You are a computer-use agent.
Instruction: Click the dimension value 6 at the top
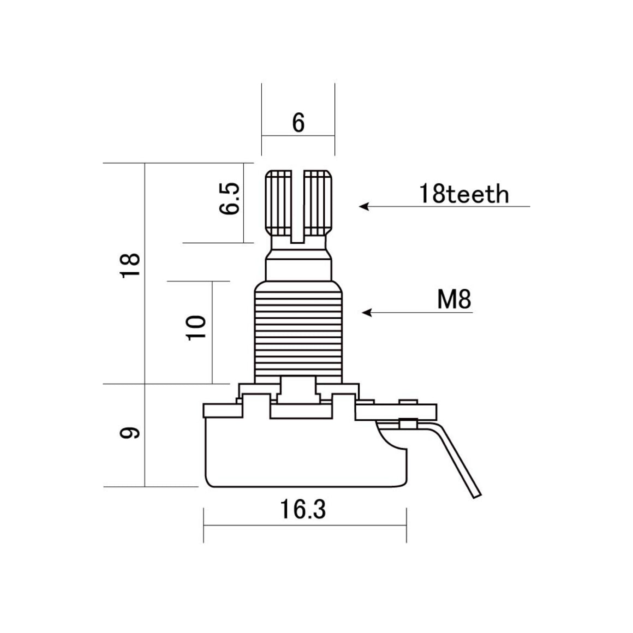coord(298,123)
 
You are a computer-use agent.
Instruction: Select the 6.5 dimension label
coord(230,199)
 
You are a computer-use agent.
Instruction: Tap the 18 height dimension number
coord(132,266)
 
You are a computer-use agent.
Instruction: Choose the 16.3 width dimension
coord(303,510)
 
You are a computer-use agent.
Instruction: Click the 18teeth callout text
coord(463,194)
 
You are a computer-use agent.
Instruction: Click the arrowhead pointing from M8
coord(367,313)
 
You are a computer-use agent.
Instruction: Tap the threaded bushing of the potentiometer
coord(298,333)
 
